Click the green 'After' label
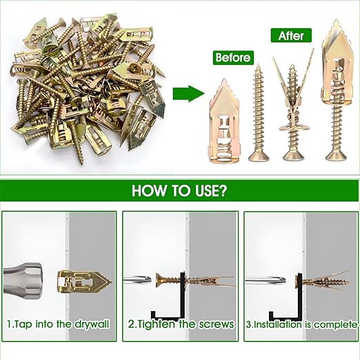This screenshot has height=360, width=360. (290, 34)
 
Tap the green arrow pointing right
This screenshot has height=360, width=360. (183, 93)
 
